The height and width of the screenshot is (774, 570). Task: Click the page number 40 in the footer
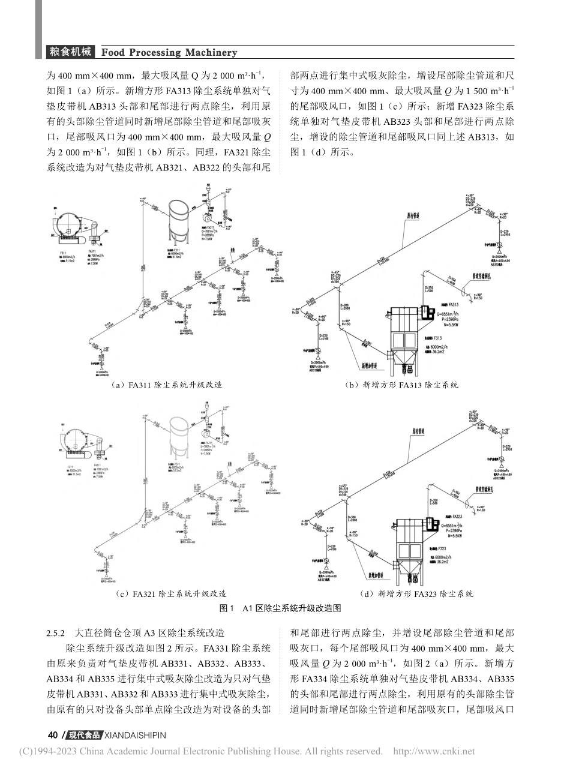click(x=52, y=735)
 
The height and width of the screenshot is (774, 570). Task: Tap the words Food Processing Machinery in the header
click(x=170, y=52)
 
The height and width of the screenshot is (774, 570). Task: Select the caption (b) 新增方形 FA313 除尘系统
click(x=403, y=385)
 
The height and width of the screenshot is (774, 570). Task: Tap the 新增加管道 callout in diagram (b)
click(x=370, y=364)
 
